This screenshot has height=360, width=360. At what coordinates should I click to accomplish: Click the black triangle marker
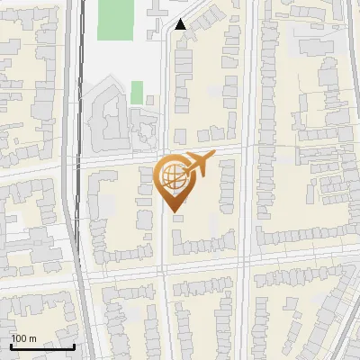click(x=181, y=24)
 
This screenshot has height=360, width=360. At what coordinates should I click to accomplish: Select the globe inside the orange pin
click(x=173, y=178)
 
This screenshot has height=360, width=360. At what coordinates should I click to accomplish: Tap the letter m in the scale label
click(x=33, y=337)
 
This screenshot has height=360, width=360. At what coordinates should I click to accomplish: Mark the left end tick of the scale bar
click(x=10, y=345)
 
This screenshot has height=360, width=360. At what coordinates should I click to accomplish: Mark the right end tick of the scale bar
click(x=74, y=345)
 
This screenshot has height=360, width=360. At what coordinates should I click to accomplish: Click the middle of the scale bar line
click(x=41, y=346)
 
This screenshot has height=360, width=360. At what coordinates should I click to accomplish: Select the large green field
click(x=114, y=19)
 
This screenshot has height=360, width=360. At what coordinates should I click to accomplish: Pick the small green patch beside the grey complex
click(x=137, y=92)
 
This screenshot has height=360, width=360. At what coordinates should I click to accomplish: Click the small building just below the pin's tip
click(x=178, y=217)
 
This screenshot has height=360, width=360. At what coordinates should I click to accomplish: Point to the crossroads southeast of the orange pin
click(x=247, y=262)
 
